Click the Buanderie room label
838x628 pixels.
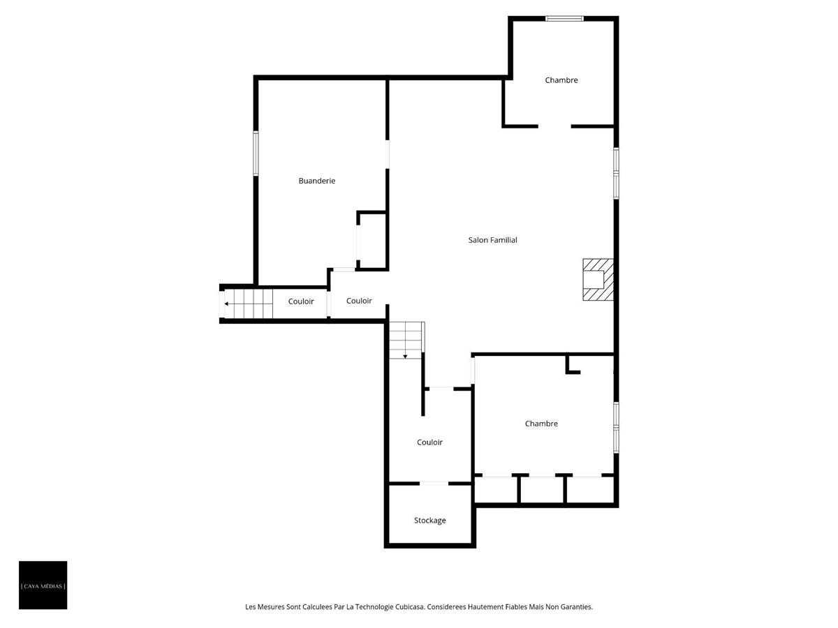(x=317, y=181)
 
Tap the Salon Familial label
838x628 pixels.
(x=493, y=240)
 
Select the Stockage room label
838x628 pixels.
(x=429, y=521)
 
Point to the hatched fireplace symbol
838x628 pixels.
(x=598, y=280)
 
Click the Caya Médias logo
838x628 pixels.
(x=43, y=585)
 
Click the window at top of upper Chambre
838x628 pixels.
(x=564, y=19)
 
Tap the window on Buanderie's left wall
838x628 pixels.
(x=256, y=154)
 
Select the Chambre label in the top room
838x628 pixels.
(x=561, y=80)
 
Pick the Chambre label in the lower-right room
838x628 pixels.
(x=541, y=424)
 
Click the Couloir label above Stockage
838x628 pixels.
(x=429, y=442)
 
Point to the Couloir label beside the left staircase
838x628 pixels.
(x=301, y=301)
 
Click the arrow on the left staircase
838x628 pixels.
(x=226, y=304)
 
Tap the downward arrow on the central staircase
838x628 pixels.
(x=405, y=357)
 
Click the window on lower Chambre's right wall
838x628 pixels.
(x=616, y=427)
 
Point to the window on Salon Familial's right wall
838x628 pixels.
(x=616, y=173)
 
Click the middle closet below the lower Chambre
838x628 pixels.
(x=542, y=489)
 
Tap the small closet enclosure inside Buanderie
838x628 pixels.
(x=372, y=241)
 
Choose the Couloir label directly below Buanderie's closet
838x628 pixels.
(x=359, y=301)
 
